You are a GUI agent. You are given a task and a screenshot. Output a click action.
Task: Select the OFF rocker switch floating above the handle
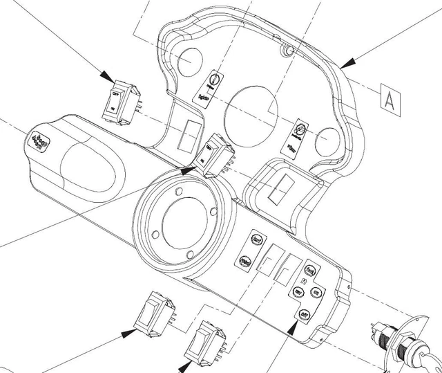click(121, 102)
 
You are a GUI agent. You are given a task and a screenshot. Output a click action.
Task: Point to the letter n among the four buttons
click(305, 282)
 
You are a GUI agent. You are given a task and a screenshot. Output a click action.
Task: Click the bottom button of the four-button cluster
click(302, 314)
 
